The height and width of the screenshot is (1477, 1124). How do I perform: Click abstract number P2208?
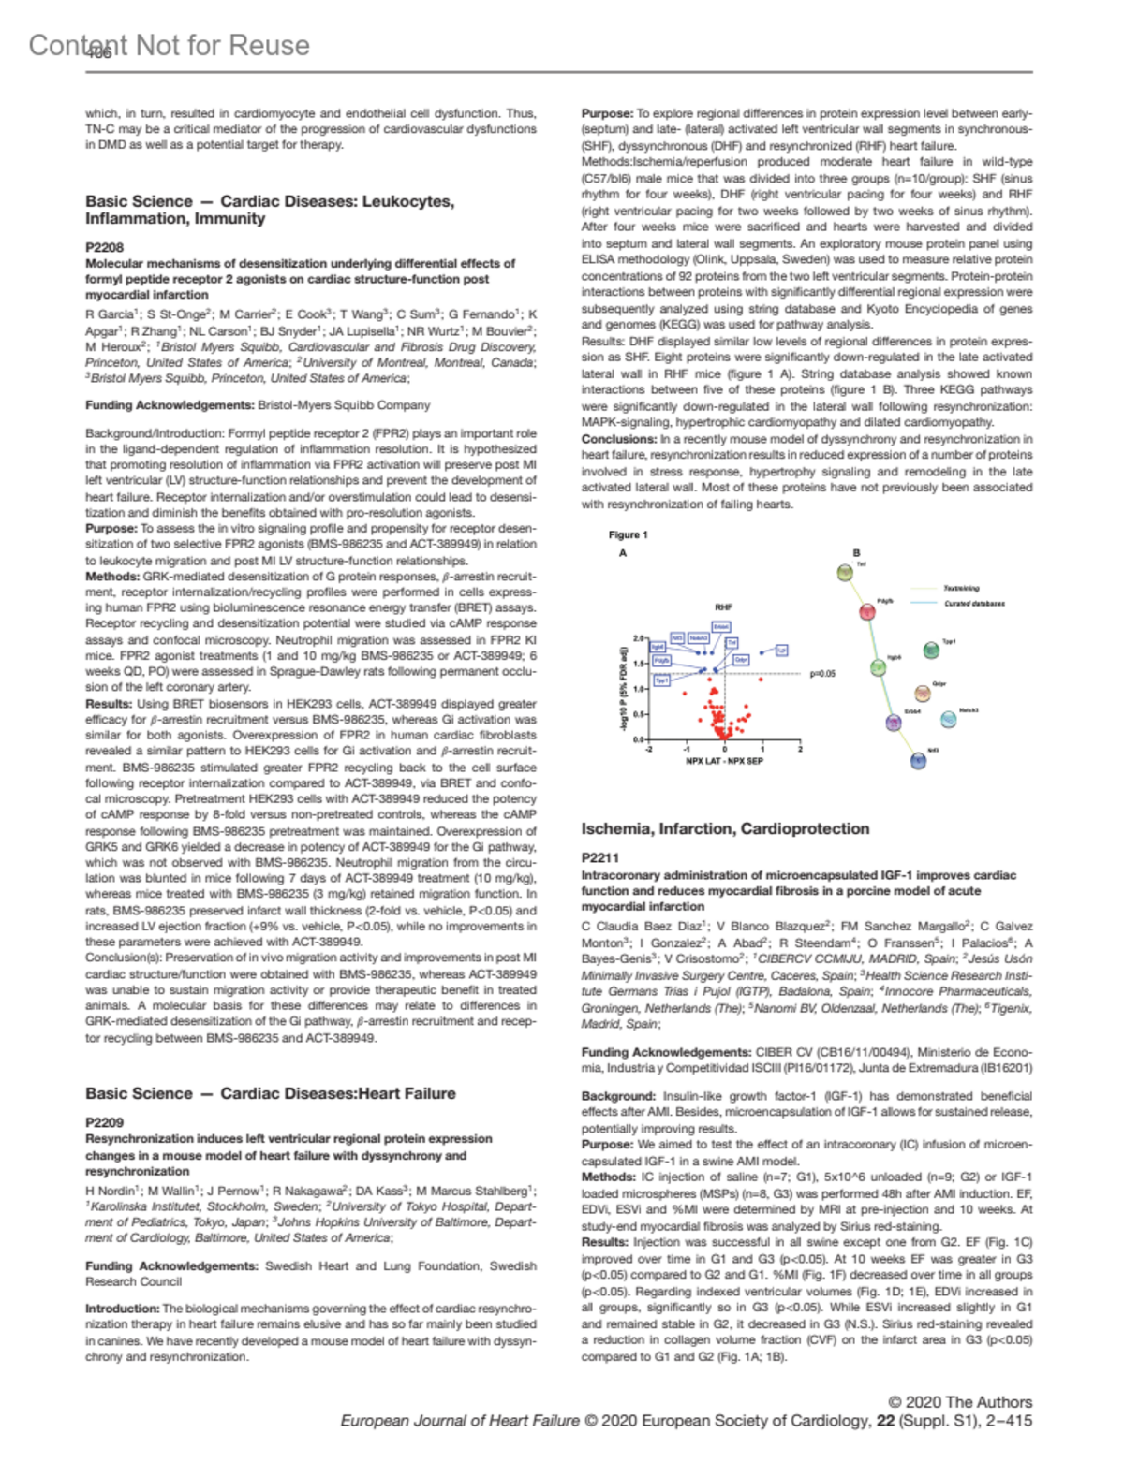pyautogui.click(x=104, y=248)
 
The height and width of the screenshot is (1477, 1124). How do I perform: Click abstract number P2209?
pyautogui.click(x=104, y=1122)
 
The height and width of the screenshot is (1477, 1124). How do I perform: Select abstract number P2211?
pyautogui.click(x=599, y=857)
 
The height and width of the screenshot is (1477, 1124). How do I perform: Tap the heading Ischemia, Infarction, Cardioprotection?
pyautogui.click(x=725, y=828)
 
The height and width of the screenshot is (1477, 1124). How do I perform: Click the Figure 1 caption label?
pyautogui.click(x=628, y=534)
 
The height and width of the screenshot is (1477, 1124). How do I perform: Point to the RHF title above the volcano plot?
pyautogui.click(x=723, y=607)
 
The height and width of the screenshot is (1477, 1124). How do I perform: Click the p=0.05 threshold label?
pyautogui.click(x=822, y=673)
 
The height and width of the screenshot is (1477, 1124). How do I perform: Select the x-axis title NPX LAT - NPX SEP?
pyautogui.click(x=724, y=761)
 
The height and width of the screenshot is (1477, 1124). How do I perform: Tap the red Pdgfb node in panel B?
pyautogui.click(x=867, y=611)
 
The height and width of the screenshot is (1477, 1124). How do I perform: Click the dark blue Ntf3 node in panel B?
pyautogui.click(x=918, y=761)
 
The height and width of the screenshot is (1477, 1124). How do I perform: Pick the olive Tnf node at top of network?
pyautogui.click(x=845, y=572)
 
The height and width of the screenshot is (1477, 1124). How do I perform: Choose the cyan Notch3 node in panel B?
pyautogui.click(x=941, y=719)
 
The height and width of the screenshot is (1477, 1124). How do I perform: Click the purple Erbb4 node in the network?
pyautogui.click(x=894, y=722)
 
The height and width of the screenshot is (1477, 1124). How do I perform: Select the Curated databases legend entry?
pyautogui.click(x=974, y=604)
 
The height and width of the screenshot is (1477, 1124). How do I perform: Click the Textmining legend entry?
pyautogui.click(x=961, y=589)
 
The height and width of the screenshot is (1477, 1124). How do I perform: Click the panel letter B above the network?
pyautogui.click(x=855, y=553)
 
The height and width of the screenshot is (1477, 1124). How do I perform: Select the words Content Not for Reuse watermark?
pyautogui.click(x=170, y=45)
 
